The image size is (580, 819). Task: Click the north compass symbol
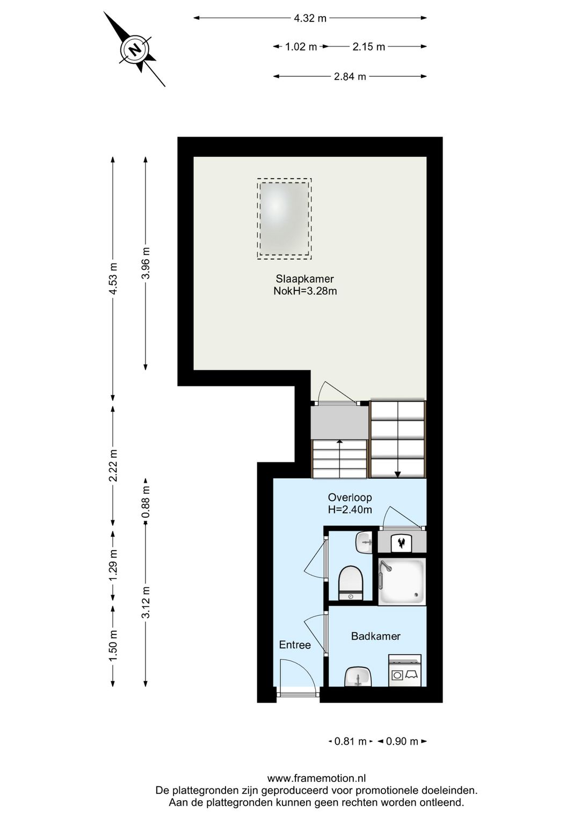[135, 49]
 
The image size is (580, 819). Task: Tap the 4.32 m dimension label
[310, 18]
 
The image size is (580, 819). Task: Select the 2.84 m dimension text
[350, 77]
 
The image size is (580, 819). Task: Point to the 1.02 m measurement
[301, 47]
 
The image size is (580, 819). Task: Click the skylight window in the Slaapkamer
[284, 219]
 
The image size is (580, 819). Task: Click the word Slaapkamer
[305, 279]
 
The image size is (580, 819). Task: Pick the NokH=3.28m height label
[305, 291]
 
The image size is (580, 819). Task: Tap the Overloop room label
[350, 498]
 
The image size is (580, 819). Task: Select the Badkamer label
[375, 636]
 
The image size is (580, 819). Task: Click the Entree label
[295, 645]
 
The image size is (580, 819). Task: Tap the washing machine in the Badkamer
[405, 671]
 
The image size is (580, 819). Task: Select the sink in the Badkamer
[358, 676]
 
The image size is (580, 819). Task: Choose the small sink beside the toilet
[364, 542]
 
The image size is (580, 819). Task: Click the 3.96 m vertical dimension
[146, 263]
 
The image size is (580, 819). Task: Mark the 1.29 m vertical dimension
[113, 565]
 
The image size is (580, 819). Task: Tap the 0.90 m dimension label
[402, 742]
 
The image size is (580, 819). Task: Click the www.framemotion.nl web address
[316, 778]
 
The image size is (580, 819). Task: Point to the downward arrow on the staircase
[397, 473]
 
